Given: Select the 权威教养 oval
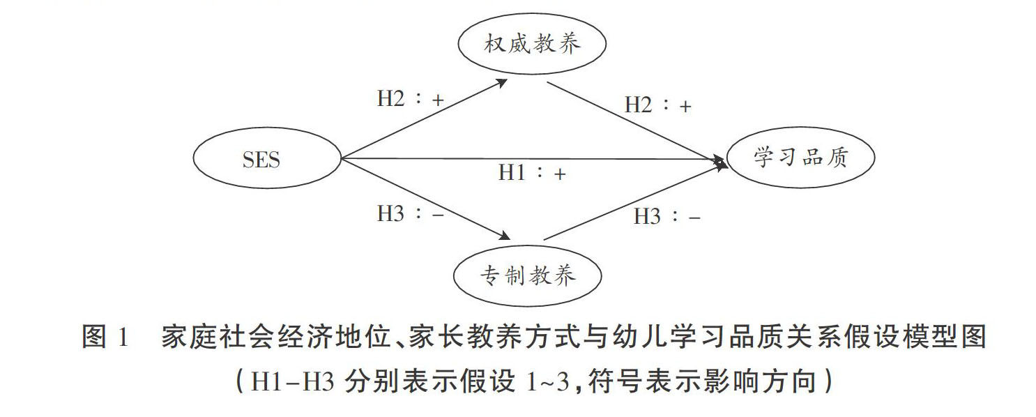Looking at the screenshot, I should (x=531, y=46).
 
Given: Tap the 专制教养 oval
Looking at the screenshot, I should (x=527, y=276).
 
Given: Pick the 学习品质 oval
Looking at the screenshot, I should (x=800, y=158).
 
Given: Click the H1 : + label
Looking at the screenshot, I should (x=531, y=173).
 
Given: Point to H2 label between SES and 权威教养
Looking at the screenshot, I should (x=410, y=99).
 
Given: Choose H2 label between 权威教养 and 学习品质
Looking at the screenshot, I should (x=657, y=106).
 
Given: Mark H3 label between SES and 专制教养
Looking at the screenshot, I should (x=410, y=214).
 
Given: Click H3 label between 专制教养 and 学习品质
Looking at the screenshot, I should (x=666, y=217).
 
